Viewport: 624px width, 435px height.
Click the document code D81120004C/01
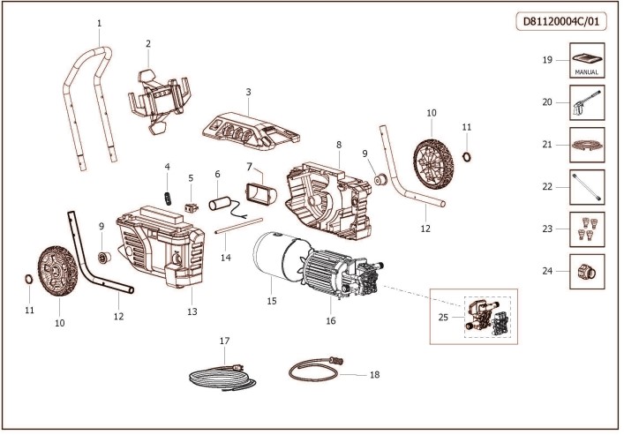click(x=561, y=22)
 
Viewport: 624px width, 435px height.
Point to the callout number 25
click(x=443, y=315)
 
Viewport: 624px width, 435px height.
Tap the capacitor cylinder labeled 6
click(x=220, y=204)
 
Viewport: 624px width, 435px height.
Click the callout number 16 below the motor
click(x=331, y=321)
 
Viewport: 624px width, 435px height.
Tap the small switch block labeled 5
click(x=192, y=209)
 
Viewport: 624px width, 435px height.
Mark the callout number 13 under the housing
click(x=192, y=312)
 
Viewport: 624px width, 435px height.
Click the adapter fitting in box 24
click(x=584, y=270)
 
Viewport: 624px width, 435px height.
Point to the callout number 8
click(x=338, y=144)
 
